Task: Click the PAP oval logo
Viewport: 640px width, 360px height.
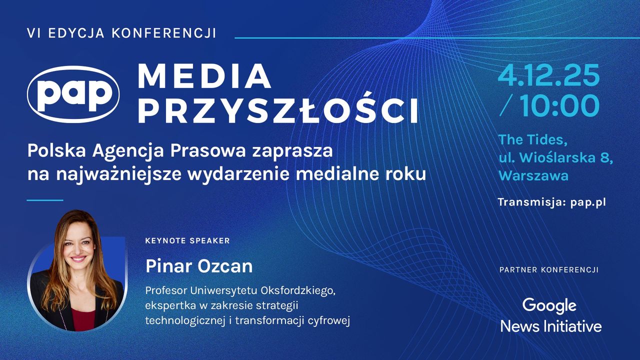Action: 73,93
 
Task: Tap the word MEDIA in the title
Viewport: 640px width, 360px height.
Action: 204,76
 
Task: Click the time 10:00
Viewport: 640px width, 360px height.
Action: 559,105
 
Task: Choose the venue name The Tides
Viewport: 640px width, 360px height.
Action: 533,139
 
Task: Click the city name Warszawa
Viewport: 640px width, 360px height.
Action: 533,175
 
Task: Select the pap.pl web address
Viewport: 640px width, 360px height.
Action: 588,202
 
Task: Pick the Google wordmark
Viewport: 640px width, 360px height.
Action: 549,305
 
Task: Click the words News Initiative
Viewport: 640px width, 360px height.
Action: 550,326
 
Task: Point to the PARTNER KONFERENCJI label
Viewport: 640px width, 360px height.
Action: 548,270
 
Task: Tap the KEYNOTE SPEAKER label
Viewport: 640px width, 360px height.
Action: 187,241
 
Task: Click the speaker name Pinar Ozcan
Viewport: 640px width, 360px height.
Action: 199,266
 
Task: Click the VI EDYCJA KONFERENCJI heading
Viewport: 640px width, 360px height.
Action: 122,33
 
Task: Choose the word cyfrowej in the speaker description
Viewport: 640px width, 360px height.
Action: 330,320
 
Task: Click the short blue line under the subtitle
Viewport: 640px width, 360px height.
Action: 44,200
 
